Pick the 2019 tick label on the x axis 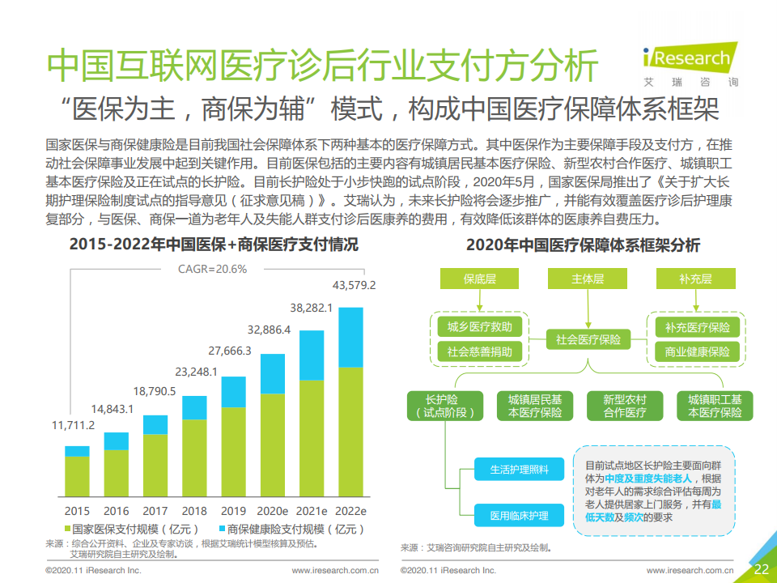coord(233,511)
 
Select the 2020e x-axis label coord(273,511)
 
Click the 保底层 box coord(480,279)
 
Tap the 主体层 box coord(588,279)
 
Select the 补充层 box coord(695,279)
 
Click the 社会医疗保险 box coord(588,340)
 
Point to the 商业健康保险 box coord(697,352)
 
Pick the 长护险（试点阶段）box coord(442,406)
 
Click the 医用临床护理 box coord(518,516)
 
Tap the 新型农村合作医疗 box coord(625,406)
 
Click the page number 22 coord(761,568)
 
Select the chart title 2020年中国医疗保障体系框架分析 coord(583,245)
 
